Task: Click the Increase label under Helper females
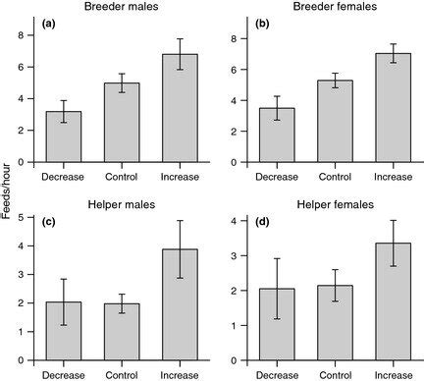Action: [x=392, y=374]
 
